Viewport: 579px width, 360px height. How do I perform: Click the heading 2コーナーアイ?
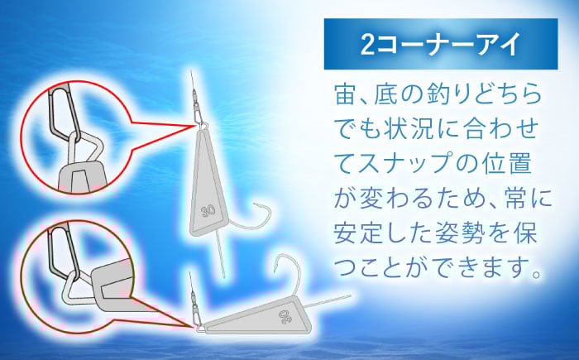[x=441, y=44]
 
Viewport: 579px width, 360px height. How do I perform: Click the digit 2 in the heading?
[x=367, y=45]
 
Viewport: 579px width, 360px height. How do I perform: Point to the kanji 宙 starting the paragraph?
[x=345, y=94]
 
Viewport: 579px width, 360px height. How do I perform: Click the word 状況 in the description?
[x=410, y=128]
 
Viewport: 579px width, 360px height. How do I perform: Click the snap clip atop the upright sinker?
[x=199, y=113]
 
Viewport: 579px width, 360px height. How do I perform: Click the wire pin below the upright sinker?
[x=220, y=255]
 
